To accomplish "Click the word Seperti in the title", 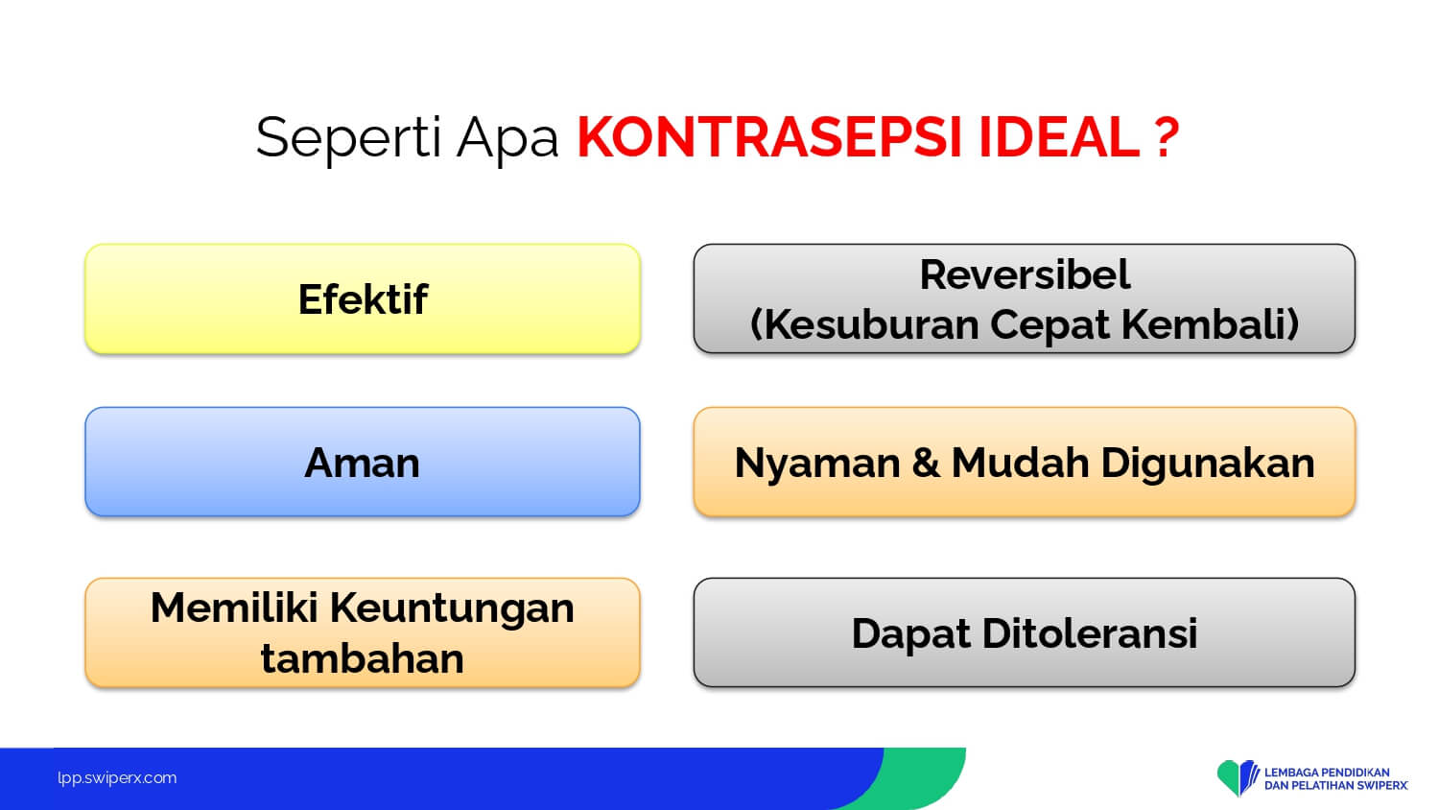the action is [349, 138].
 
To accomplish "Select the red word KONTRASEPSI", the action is [769, 137].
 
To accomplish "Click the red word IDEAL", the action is [1059, 137].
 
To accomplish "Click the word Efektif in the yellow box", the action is [363, 298].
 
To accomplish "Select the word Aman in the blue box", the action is [363, 463].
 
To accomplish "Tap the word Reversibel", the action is [1025, 274].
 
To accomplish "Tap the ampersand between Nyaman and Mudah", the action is [926, 463].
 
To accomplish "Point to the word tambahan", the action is [363, 659].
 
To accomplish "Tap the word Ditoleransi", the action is [1090, 633].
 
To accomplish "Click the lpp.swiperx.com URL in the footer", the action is [117, 778].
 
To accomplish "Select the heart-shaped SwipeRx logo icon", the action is [1238, 778].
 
